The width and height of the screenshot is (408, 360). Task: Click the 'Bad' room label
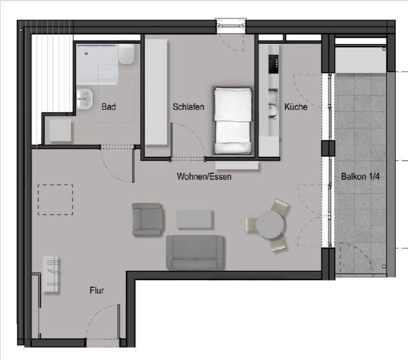pos(109,107)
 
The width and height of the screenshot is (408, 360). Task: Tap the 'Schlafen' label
pos(189,107)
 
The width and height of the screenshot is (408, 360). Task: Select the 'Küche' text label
pos(296,107)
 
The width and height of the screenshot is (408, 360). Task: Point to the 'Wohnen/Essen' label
pos(204,176)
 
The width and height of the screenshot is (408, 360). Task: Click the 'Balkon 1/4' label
pos(360,176)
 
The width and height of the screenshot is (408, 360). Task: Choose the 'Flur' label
pos(96,291)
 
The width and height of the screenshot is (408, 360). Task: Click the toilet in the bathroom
pos(126,54)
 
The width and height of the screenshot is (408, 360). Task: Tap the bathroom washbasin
pos(84,98)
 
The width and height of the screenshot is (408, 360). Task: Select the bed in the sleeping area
pos(233,121)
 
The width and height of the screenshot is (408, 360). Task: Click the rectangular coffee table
pos(194,219)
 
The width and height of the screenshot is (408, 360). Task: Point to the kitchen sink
pos(271,109)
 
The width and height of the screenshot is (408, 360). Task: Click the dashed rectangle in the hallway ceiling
pos(56,200)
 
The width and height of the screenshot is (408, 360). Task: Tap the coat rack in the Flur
pos(52,273)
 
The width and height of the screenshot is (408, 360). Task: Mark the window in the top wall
pos(231,24)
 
